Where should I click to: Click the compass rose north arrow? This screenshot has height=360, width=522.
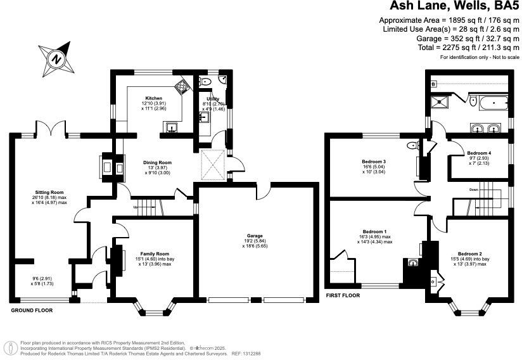pos(56,58)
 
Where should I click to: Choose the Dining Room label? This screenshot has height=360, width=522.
pos(157,162)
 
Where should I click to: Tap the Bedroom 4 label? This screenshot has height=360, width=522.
pos(479,153)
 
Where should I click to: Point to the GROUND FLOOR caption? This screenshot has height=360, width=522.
pos(32,311)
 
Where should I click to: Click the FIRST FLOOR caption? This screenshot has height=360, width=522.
pos(343,295)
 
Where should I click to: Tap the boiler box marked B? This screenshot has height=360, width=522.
pos(434,84)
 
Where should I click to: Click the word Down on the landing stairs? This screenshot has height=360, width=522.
pos(473,190)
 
